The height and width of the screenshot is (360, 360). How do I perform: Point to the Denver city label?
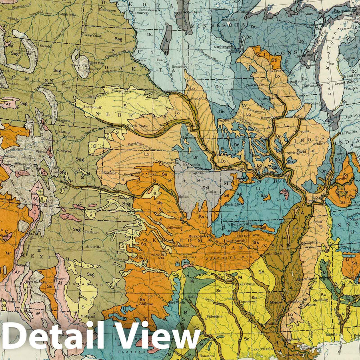pyautogui.click(x=65, y=152)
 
